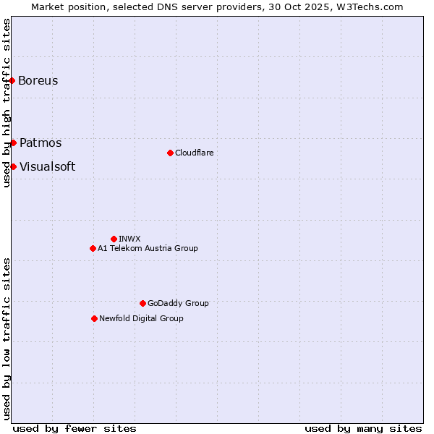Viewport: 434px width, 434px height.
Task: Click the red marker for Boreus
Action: point(12,80)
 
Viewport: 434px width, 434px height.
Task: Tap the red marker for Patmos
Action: point(13,142)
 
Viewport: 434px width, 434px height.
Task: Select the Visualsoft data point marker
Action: point(13,166)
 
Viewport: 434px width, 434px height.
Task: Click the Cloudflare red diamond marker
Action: point(170,153)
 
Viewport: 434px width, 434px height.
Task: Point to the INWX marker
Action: point(114,239)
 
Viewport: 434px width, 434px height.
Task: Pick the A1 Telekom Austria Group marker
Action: point(93,248)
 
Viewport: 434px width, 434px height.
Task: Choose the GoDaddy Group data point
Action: point(142,303)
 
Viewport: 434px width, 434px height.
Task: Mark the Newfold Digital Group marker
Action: point(94,318)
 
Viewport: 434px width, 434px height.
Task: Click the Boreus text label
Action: point(38,80)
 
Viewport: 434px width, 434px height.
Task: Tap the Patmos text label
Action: point(41,142)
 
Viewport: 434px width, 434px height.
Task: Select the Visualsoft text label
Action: point(47,166)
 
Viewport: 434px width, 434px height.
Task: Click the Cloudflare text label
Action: point(195,153)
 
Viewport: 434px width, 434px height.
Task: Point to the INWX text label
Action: point(130,239)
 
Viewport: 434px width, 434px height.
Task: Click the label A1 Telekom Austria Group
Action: point(148,248)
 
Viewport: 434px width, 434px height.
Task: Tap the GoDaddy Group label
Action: point(178,303)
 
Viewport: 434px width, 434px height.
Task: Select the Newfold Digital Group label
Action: point(141,318)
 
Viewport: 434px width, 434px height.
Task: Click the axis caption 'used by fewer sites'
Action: point(75,428)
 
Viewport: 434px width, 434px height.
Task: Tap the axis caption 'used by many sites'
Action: point(363,428)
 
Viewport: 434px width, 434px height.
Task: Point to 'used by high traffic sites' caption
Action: point(7,103)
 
